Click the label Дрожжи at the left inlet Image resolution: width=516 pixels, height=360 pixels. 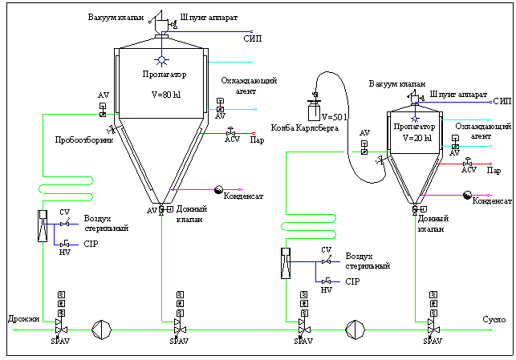click(23, 319)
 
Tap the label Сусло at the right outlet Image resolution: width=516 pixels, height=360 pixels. click(494, 320)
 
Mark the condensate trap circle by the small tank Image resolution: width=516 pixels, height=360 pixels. click(468, 194)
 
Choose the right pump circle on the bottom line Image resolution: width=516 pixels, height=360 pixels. click(355, 328)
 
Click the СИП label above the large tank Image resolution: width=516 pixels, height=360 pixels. click(252, 38)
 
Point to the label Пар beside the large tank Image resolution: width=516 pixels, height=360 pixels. click(258, 140)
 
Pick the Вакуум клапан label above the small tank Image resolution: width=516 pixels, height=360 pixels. click(397, 83)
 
